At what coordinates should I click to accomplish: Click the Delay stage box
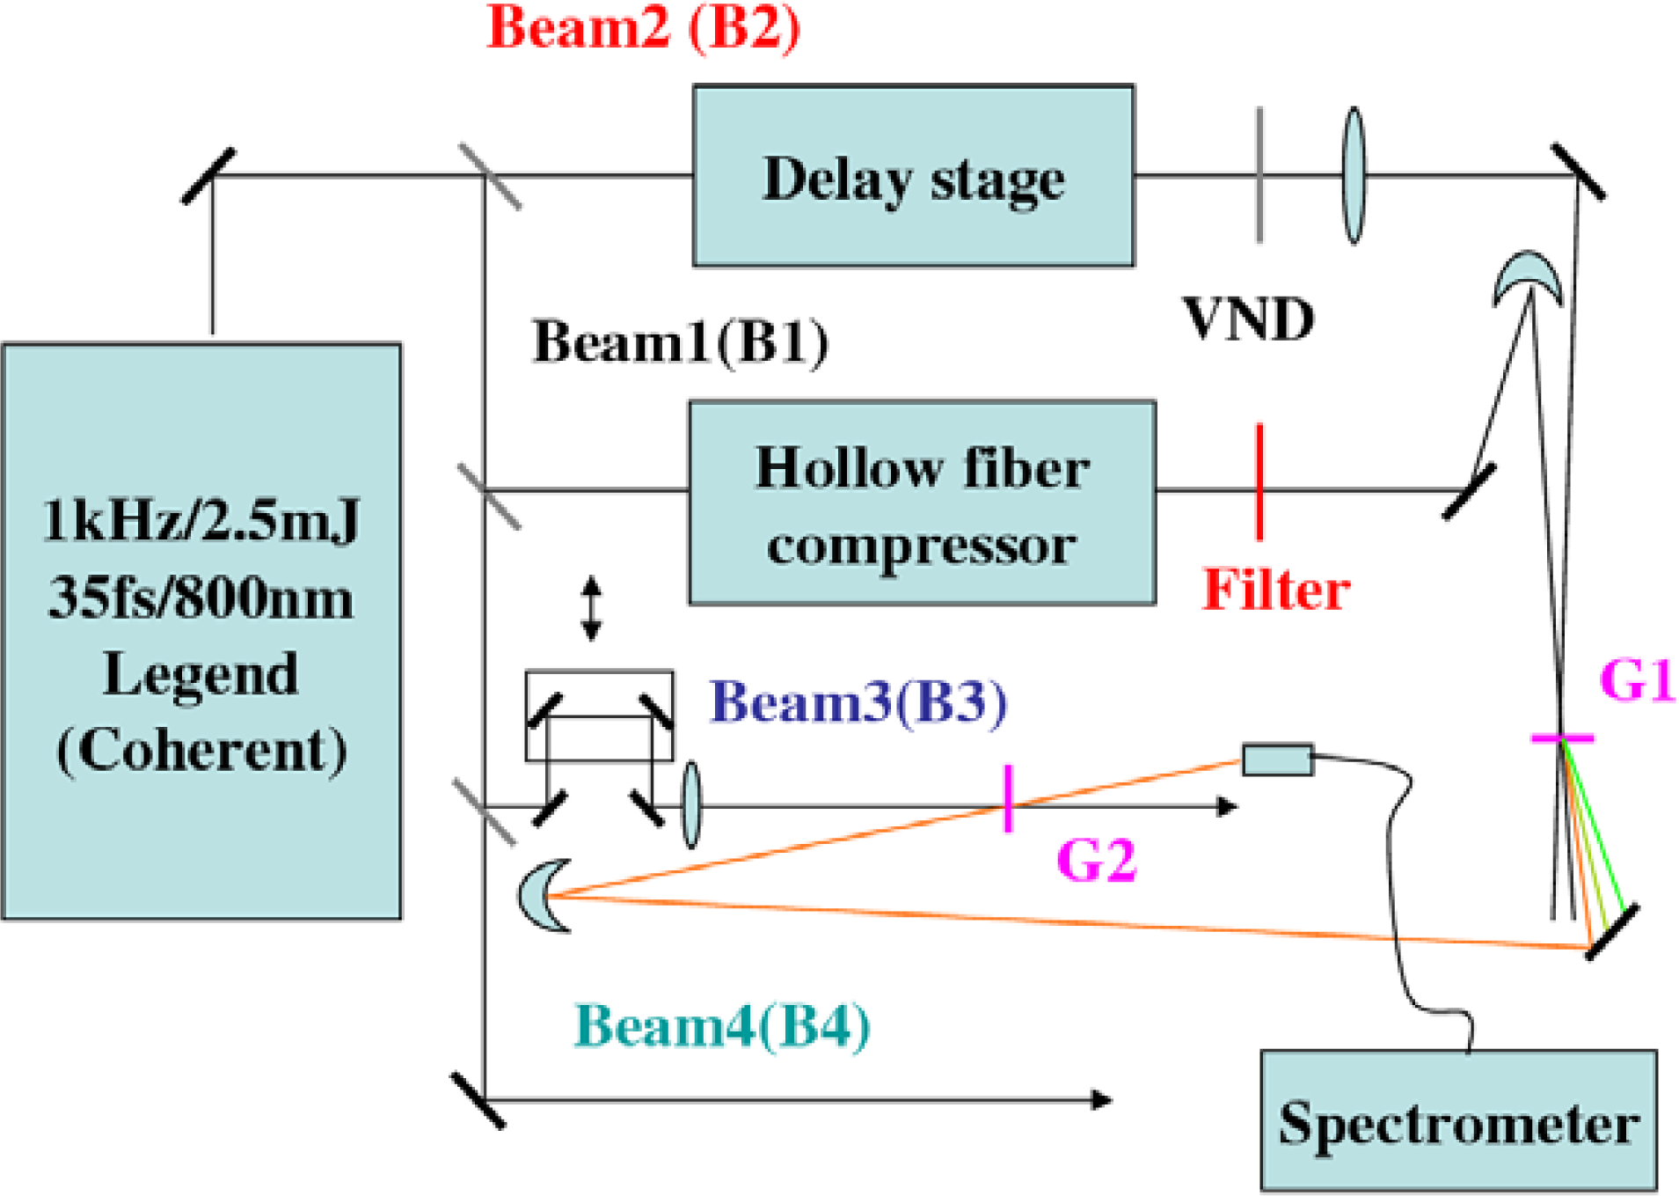912,175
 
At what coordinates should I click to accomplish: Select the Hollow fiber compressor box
921,503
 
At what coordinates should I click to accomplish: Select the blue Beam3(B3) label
858,701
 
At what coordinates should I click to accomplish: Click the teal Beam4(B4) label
721,1025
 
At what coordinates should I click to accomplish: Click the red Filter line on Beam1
1259,481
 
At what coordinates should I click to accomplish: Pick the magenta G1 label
1637,679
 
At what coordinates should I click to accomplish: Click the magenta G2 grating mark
1007,797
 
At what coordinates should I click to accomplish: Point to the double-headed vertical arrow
591,607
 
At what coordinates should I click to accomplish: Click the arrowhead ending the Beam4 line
1101,1099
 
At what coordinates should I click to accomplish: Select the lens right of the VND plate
1354,175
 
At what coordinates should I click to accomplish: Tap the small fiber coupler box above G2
1277,759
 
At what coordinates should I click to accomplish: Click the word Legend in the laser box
201,674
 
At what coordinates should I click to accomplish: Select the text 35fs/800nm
201,598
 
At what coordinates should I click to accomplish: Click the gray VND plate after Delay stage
1259,175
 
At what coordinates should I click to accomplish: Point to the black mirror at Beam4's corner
478,1099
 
